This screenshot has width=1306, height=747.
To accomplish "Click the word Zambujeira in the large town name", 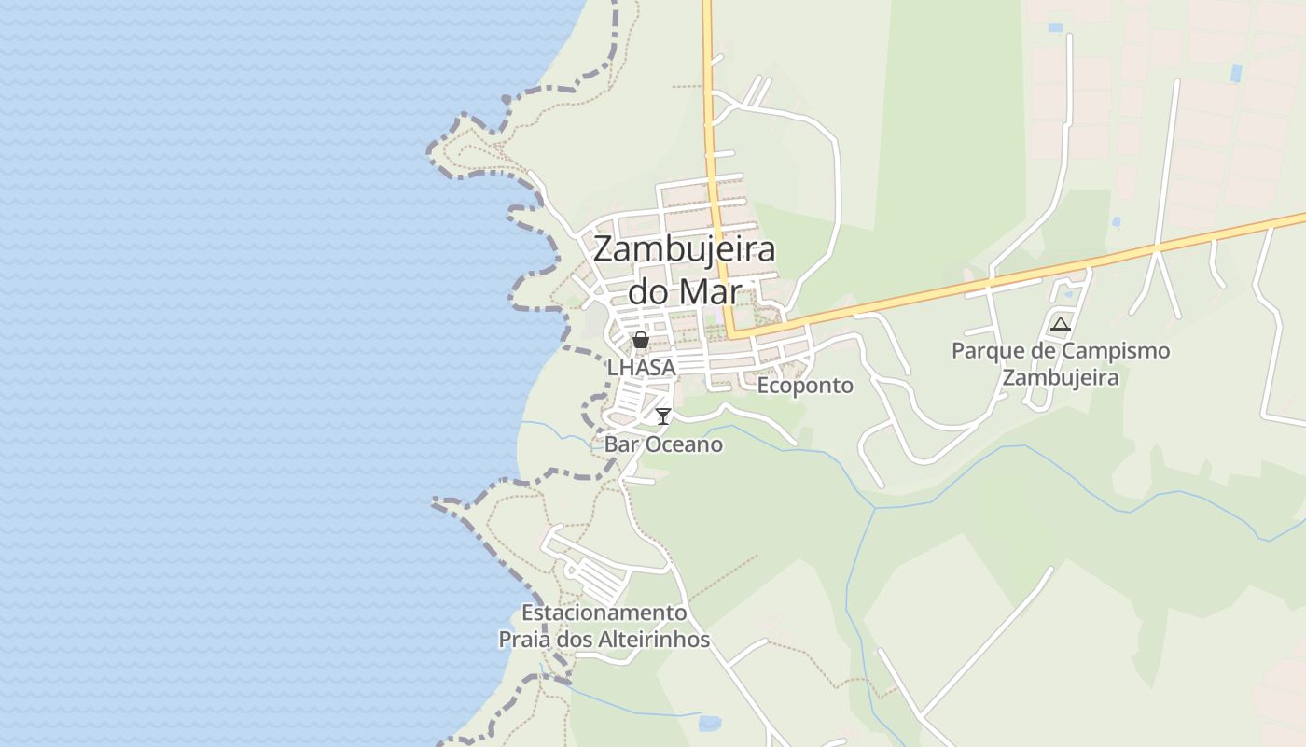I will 684,250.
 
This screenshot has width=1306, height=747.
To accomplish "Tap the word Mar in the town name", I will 710,291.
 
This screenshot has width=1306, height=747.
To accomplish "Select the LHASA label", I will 641,368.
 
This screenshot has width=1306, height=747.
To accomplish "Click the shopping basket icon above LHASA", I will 641,340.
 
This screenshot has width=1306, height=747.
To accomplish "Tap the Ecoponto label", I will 805,386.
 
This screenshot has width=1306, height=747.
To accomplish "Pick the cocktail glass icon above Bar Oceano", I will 663,416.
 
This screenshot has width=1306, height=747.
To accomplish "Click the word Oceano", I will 683,444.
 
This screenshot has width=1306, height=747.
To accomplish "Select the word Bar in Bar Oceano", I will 621,444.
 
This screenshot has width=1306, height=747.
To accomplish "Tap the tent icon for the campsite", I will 1060,325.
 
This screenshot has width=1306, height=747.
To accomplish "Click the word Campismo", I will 1115,351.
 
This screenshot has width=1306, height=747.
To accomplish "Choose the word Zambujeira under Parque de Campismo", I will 1060,378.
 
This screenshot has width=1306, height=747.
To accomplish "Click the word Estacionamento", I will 604,613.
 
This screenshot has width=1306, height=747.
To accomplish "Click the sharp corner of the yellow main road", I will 731,332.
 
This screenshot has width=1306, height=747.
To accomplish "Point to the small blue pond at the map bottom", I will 710,722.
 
